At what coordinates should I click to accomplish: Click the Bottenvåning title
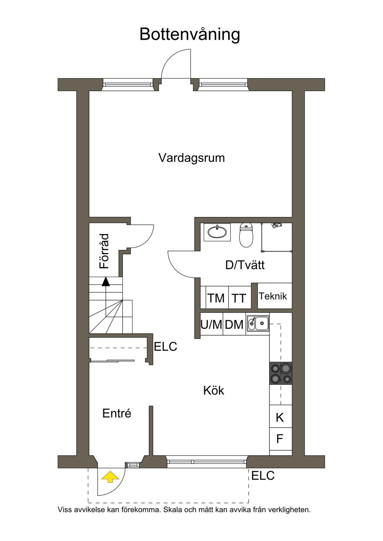[x=190, y=35]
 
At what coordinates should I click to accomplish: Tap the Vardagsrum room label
[x=191, y=158]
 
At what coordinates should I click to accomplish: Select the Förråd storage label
[x=104, y=251]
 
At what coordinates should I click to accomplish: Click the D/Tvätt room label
[x=245, y=265]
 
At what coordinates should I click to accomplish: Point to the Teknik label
[x=273, y=296]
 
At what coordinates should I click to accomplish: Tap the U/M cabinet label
[x=211, y=324]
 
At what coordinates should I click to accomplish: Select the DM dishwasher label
[x=234, y=324]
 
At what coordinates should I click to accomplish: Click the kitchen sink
[x=258, y=323]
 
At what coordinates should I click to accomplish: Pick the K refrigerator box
[x=281, y=417]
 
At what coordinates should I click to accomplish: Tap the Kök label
[x=214, y=391]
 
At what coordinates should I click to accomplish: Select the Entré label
[x=117, y=413]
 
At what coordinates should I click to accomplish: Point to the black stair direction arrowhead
[x=105, y=282]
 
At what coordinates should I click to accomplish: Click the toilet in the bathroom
[x=246, y=235]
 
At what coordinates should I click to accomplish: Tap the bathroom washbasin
[x=217, y=232]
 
